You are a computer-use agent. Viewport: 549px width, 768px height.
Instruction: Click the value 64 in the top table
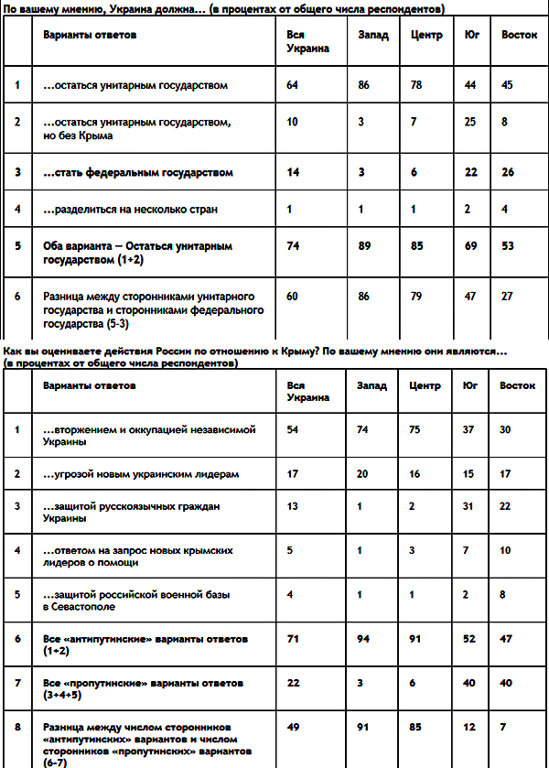tap(293, 85)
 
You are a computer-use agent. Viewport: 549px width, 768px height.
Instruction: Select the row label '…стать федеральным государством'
tap(138, 172)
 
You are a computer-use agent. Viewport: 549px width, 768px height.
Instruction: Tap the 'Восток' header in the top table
tap(519, 36)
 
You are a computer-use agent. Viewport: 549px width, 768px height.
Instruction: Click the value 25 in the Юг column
tap(472, 122)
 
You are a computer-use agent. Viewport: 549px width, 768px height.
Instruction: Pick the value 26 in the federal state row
tap(508, 172)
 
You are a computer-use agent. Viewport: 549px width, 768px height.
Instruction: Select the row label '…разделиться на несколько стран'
tap(131, 210)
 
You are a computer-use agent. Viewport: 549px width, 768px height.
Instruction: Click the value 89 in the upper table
tap(366, 246)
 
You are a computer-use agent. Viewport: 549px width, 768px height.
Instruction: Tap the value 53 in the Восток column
tap(508, 246)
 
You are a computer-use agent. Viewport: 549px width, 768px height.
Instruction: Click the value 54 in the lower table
tap(293, 429)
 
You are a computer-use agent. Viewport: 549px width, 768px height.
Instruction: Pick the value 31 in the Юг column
tap(472, 506)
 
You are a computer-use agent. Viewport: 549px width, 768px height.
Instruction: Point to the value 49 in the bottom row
tap(293, 728)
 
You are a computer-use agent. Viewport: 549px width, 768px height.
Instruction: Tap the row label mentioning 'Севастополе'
tap(137, 600)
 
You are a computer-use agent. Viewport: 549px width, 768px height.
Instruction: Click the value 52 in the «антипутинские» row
tap(472, 637)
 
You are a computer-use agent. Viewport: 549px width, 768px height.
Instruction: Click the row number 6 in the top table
tap(17, 297)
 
